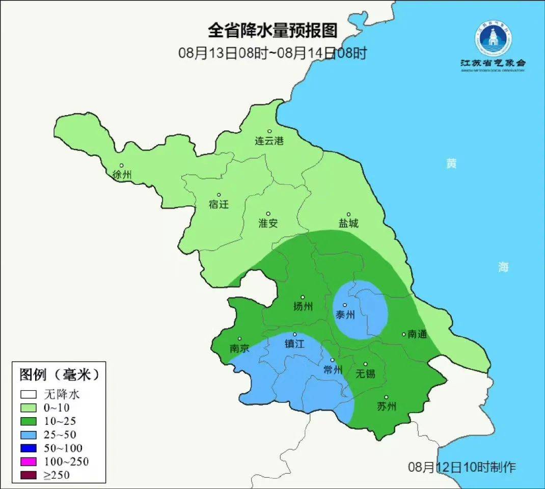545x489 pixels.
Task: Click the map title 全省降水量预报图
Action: [272, 31]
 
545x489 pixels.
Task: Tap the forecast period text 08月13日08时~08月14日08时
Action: [272, 53]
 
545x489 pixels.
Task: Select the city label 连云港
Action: [269, 141]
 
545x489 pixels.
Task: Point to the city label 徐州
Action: [122, 175]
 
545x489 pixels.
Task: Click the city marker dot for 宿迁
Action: [219, 195]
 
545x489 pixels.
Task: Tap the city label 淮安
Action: [268, 224]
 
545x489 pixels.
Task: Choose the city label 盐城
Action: [348, 224]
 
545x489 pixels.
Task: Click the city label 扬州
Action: [303, 307]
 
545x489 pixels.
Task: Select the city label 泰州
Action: [345, 315]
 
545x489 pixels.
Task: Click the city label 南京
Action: [239, 348]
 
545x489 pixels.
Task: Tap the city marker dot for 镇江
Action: [294, 334]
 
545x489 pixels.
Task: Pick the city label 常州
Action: [333, 370]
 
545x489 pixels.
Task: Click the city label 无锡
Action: [365, 374]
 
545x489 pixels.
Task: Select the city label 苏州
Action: [387, 406]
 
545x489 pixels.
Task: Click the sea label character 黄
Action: [451, 164]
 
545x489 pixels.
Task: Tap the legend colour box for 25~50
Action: [29, 434]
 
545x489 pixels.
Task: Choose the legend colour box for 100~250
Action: [29, 461]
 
